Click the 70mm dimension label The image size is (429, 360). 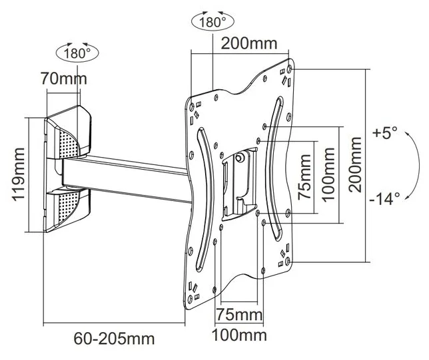64,78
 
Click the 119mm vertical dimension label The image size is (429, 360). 19,174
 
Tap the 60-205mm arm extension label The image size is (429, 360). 114,339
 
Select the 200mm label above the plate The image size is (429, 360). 249,43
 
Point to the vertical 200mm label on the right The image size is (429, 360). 355,164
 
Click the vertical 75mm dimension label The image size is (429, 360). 304,176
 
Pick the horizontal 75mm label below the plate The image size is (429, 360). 239,314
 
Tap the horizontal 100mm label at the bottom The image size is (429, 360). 239,335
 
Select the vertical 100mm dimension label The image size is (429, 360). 328,174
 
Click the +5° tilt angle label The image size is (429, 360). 384,133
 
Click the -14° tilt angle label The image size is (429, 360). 384,198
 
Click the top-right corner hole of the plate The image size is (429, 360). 290,69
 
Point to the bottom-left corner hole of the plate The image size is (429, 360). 190,299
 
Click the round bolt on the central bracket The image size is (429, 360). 240,158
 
